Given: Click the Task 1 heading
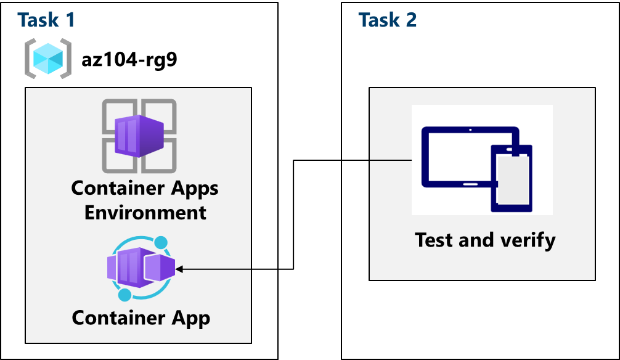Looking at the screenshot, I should (46, 20).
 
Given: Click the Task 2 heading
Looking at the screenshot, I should (387, 20).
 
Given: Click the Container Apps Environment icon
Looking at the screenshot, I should (139, 136).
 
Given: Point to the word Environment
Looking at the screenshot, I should (145, 213).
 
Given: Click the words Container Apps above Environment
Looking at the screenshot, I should (145, 188).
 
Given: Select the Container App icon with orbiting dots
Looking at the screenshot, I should (141, 268).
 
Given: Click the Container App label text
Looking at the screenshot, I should (141, 318).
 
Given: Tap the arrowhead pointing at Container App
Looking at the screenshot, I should (180, 269).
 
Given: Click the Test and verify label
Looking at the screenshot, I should (485, 239).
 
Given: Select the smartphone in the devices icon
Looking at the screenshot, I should (512, 178).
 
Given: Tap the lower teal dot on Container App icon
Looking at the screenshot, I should (125, 295).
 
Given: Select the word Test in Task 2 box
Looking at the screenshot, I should (433, 239).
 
